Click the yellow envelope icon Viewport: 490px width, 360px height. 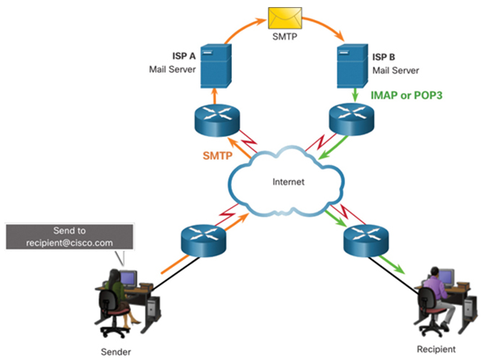coord(285,18)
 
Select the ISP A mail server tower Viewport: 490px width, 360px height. coord(216,66)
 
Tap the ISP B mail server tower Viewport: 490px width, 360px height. coord(352,66)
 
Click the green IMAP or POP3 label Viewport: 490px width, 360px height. coord(407,95)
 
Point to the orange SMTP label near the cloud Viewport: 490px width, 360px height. coord(218,155)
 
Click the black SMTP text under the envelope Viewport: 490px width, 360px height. coord(285,37)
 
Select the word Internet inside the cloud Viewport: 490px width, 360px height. coord(288,182)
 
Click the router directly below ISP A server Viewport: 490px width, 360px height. coord(217,120)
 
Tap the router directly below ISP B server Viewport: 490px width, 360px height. coord(351,119)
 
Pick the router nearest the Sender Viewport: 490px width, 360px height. coord(204,241)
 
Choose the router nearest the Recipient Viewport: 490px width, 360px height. coord(366,241)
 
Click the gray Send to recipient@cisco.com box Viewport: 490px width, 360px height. coord(69,236)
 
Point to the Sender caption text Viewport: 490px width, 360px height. coord(116,352)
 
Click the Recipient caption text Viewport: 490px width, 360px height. coord(436,349)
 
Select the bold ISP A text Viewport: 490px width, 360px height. coord(184,56)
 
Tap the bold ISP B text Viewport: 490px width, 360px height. coord(384,57)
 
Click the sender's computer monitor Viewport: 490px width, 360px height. coord(128,278)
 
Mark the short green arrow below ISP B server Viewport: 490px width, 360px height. coord(355,95)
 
